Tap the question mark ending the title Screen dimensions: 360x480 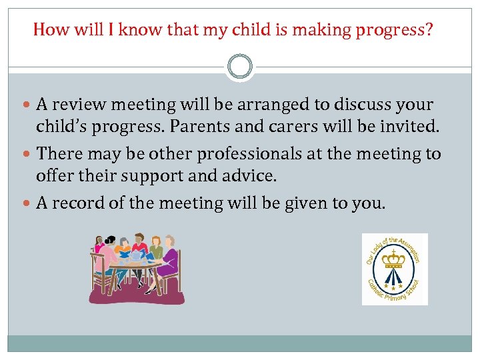[428, 29]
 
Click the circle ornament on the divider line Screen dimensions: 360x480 [240, 67]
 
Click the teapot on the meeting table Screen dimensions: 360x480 [137, 255]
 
